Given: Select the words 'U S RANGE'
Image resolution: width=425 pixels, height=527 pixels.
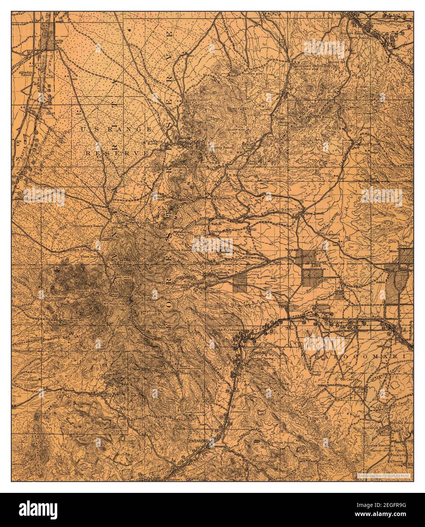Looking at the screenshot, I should [116, 130].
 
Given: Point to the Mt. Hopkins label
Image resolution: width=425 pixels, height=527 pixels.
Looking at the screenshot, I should [113, 304].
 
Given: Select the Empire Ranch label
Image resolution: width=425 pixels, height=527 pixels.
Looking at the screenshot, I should [312, 213].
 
